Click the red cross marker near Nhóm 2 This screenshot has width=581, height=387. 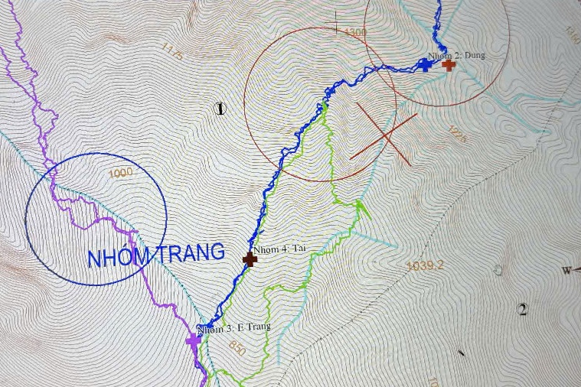pyautogui.click(x=449, y=65)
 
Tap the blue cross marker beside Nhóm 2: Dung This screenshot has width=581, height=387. pyautogui.click(x=424, y=65)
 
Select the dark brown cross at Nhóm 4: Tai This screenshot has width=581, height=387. pyautogui.click(x=250, y=259)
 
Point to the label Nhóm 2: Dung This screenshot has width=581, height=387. pyautogui.click(x=456, y=55)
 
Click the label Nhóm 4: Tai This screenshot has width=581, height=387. pyautogui.click(x=279, y=249)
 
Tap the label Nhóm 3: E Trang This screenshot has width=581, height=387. pyautogui.click(x=234, y=328)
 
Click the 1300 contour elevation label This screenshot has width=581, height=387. pyautogui.click(x=356, y=33)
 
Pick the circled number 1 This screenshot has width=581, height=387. pyautogui.click(x=220, y=109)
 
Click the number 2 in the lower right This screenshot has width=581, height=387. pyautogui.click(x=523, y=310)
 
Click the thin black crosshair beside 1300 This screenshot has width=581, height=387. pyautogui.click(x=335, y=23)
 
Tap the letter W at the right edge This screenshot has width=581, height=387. pyautogui.click(x=566, y=270)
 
